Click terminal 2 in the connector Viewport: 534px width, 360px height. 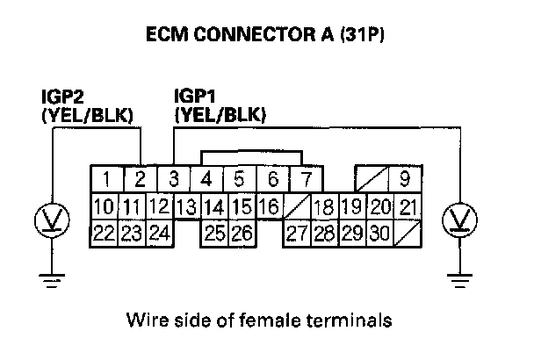click(140, 181)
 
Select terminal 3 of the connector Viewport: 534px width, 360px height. click(173, 181)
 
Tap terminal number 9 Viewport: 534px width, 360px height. click(403, 181)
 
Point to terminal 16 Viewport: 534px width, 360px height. click(269, 208)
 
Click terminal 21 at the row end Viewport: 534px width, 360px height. click(407, 208)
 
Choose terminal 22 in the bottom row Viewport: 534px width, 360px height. click(105, 234)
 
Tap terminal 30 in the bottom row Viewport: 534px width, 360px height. click(379, 234)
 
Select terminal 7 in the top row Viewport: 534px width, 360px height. click(306, 181)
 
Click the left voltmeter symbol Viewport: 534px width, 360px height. click(53, 219)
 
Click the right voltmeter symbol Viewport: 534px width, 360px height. click(458, 219)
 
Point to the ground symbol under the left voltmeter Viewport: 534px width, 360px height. click(53, 280)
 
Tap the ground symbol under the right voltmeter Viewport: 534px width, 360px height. click(458, 280)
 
